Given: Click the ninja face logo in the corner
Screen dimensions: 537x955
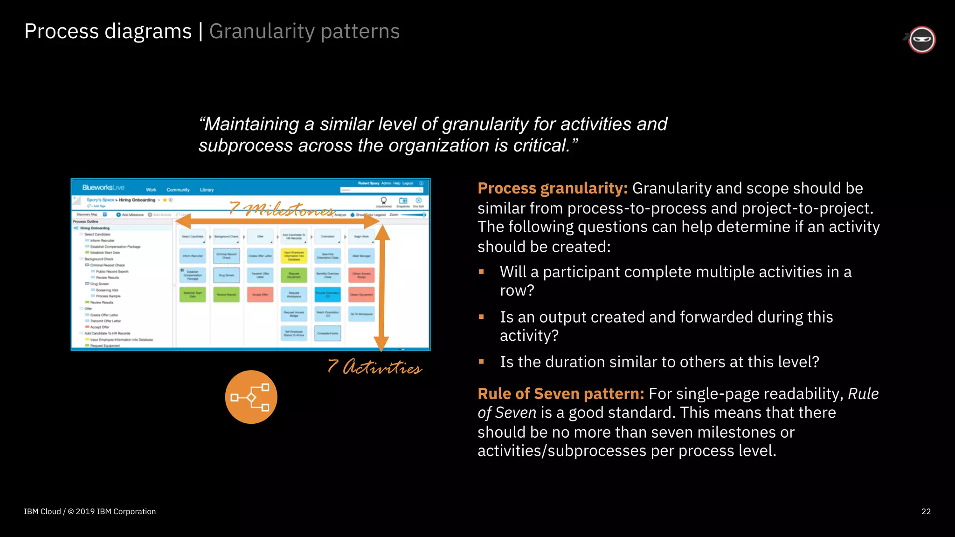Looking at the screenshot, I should [921, 40].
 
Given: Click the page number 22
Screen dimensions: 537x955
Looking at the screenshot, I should [926, 511].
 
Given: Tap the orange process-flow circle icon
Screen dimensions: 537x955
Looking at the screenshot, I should [251, 397].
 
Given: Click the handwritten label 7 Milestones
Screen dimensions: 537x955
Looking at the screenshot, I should [282, 209].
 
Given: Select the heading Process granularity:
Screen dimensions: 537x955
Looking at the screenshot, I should [552, 188].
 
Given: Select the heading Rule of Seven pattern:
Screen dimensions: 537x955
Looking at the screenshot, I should [561, 394].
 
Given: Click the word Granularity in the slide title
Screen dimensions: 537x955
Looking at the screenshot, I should [262, 31].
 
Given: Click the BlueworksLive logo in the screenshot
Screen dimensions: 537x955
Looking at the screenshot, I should [103, 187].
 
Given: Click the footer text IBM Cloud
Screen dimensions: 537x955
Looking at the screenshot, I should [42, 511].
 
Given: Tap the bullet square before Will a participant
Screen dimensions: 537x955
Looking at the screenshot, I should [481, 272].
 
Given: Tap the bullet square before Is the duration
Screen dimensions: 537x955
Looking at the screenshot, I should [481, 362].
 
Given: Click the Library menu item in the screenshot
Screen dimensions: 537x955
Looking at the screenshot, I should [207, 190].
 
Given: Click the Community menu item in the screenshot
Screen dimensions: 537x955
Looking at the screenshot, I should [178, 190].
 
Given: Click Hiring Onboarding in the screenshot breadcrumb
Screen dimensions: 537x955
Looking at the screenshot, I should [137, 200].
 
